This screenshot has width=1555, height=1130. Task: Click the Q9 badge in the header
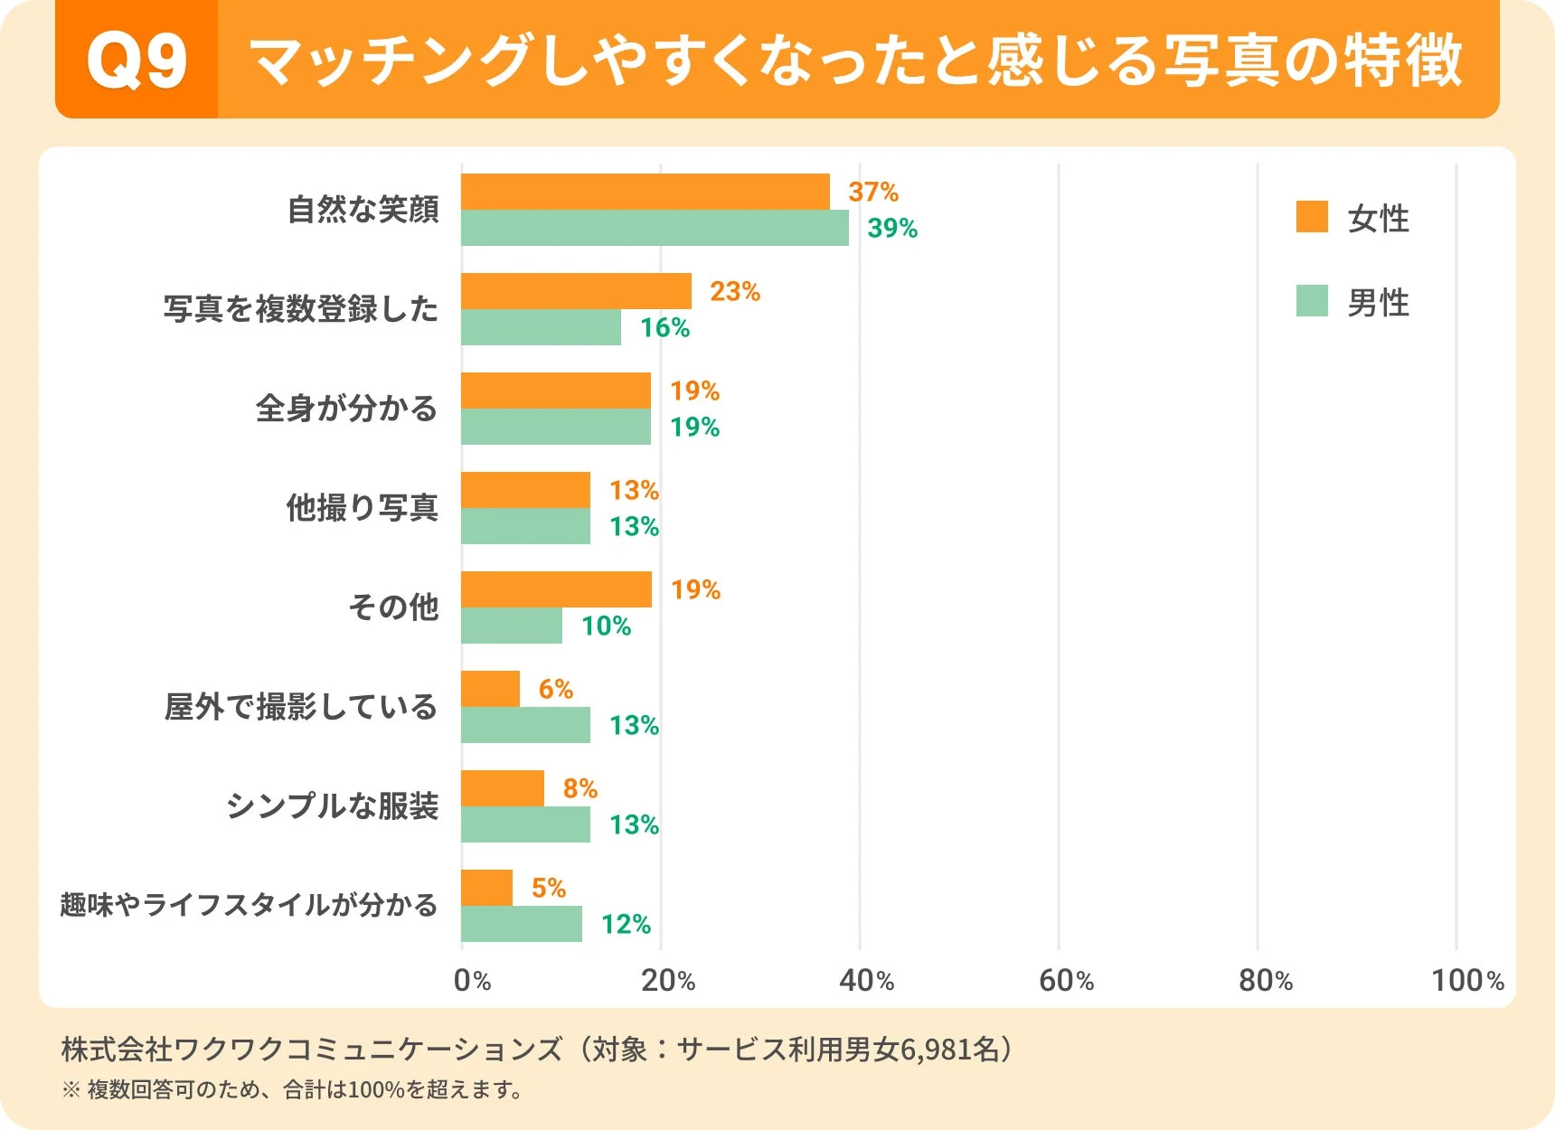pyautogui.click(x=137, y=61)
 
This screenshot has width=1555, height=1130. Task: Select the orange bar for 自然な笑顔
pyautogui.click(x=645, y=192)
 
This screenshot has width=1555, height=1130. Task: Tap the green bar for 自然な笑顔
pyautogui.click(x=655, y=228)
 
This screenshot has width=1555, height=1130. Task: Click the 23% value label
pyautogui.click(x=735, y=292)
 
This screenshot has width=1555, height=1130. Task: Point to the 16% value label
pyautogui.click(x=664, y=328)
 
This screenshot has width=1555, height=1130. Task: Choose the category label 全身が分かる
pyautogui.click(x=346, y=409)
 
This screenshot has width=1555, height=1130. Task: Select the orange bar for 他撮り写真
pyautogui.click(x=525, y=490)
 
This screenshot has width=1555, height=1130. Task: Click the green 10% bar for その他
pyautogui.click(x=512, y=626)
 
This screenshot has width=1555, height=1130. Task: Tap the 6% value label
pyautogui.click(x=556, y=690)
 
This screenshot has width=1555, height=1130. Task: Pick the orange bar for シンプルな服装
pyautogui.click(x=503, y=788)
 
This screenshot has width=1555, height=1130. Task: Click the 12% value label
pyautogui.click(x=626, y=925)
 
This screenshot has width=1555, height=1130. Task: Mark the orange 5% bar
pyautogui.click(x=486, y=888)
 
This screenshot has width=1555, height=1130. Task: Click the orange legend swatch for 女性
pyautogui.click(x=1312, y=217)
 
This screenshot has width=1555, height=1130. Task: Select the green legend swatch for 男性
pyautogui.click(x=1312, y=301)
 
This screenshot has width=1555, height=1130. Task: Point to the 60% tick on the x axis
pyautogui.click(x=1066, y=981)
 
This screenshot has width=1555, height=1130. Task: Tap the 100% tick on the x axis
pyautogui.click(x=1466, y=981)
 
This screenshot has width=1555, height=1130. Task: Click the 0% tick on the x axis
pyautogui.click(x=472, y=981)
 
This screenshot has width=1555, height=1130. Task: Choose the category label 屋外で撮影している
pyautogui.click(x=300, y=707)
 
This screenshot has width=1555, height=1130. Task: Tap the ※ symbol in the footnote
pyautogui.click(x=71, y=1090)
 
